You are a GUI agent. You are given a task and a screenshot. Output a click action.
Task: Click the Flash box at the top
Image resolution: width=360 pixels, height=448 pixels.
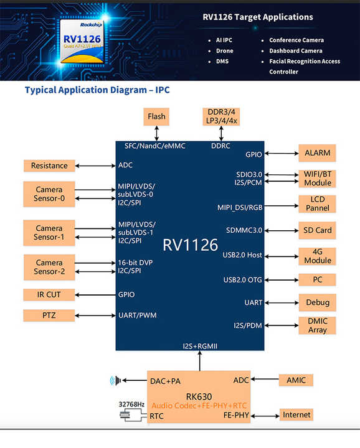(x=156, y=116)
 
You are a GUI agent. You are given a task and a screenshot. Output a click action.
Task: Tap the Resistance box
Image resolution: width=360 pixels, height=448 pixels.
(x=49, y=166)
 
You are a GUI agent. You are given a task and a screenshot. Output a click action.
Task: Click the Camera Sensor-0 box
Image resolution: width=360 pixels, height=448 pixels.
(x=49, y=194)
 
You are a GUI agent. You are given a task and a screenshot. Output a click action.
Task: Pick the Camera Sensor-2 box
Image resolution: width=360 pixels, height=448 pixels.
(x=49, y=266)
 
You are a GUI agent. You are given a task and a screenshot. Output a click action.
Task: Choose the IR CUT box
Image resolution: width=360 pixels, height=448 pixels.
(x=49, y=294)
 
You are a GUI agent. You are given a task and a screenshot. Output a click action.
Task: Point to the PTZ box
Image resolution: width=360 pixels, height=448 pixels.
(x=49, y=315)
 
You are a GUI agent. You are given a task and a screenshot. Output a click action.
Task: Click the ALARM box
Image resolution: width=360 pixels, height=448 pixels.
(x=317, y=153)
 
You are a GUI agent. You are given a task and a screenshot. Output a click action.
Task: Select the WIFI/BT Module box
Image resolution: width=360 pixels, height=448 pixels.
(x=317, y=179)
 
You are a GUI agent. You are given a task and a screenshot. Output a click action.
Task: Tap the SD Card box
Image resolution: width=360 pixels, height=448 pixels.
(x=317, y=230)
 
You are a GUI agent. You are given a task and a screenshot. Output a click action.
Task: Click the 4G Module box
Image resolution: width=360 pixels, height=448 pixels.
(x=317, y=255)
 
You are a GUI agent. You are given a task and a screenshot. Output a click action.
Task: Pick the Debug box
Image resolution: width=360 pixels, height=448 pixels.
(x=317, y=302)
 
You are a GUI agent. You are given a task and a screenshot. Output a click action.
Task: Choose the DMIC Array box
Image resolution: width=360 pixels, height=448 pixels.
(x=317, y=325)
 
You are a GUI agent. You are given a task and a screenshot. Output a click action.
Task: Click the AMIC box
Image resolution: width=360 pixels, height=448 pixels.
(x=296, y=380)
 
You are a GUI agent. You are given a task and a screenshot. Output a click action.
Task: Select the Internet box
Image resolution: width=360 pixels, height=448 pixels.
(x=296, y=415)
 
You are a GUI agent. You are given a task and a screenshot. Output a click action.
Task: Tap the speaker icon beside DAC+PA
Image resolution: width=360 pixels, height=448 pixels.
(x=115, y=380)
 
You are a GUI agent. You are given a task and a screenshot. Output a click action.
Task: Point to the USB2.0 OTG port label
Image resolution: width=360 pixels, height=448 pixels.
(x=242, y=279)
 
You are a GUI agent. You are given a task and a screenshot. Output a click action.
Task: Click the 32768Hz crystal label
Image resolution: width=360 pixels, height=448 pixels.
(x=132, y=404)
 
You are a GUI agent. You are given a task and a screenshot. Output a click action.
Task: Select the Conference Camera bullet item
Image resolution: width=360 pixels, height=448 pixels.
(x=296, y=40)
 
